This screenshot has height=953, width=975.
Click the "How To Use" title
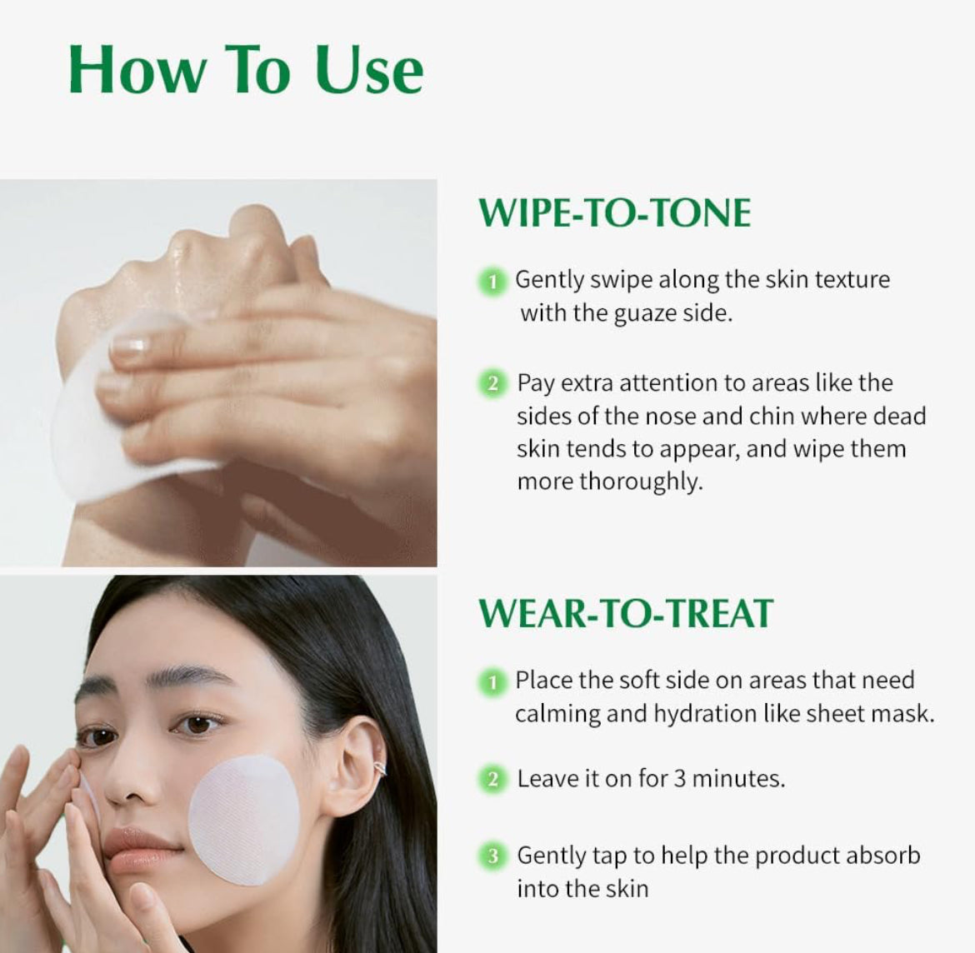pos(246,70)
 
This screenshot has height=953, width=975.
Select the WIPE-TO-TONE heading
pos(614,212)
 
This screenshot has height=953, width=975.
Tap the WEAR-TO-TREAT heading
pos(625,613)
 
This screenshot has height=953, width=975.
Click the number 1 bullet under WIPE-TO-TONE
pos(493,282)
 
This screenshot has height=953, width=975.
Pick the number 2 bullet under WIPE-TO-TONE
pos(493,383)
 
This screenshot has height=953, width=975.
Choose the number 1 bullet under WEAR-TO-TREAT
pos(493,682)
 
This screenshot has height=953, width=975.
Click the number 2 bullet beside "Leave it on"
pos(493,780)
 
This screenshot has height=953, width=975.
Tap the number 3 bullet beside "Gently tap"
pos(493,856)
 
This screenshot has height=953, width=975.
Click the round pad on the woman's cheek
pos(243,808)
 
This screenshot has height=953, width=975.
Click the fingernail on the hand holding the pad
pos(130,346)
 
